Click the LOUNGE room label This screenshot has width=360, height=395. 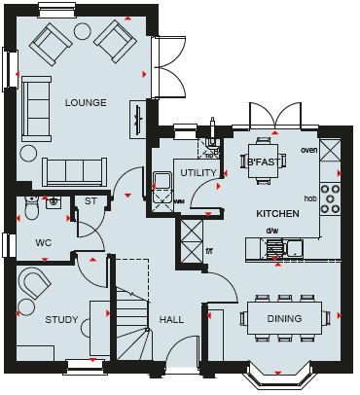pyautogui.click(x=86, y=103)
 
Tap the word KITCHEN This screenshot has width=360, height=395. pyautogui.click(x=277, y=214)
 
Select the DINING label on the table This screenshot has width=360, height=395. pyautogui.click(x=284, y=319)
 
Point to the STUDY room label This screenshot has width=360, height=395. pyautogui.click(x=61, y=320)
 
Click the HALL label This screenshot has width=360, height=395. pyautogui.click(x=171, y=320)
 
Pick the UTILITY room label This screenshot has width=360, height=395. pyautogui.click(x=198, y=173)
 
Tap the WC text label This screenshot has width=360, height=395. pyautogui.click(x=44, y=243)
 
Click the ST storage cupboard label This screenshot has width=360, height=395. pyautogui.click(x=90, y=201)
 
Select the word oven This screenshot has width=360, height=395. pyautogui.click(x=309, y=150)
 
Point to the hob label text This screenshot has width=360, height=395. pyautogui.click(x=310, y=198)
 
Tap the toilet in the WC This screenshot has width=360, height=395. pyautogui.click(x=32, y=207)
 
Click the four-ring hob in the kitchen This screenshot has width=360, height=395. pyautogui.click(x=330, y=198)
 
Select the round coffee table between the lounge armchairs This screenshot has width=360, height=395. pyautogui.click(x=83, y=31)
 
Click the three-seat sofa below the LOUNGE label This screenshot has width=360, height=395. pyautogui.click(x=75, y=172)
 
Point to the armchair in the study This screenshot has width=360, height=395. pyautogui.click(x=34, y=282)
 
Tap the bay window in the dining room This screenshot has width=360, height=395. pyautogui.click(x=278, y=377)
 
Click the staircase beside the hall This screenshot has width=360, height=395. pyautogui.click(x=132, y=309)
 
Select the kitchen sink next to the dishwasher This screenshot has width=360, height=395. pyautogui.click(x=294, y=249)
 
